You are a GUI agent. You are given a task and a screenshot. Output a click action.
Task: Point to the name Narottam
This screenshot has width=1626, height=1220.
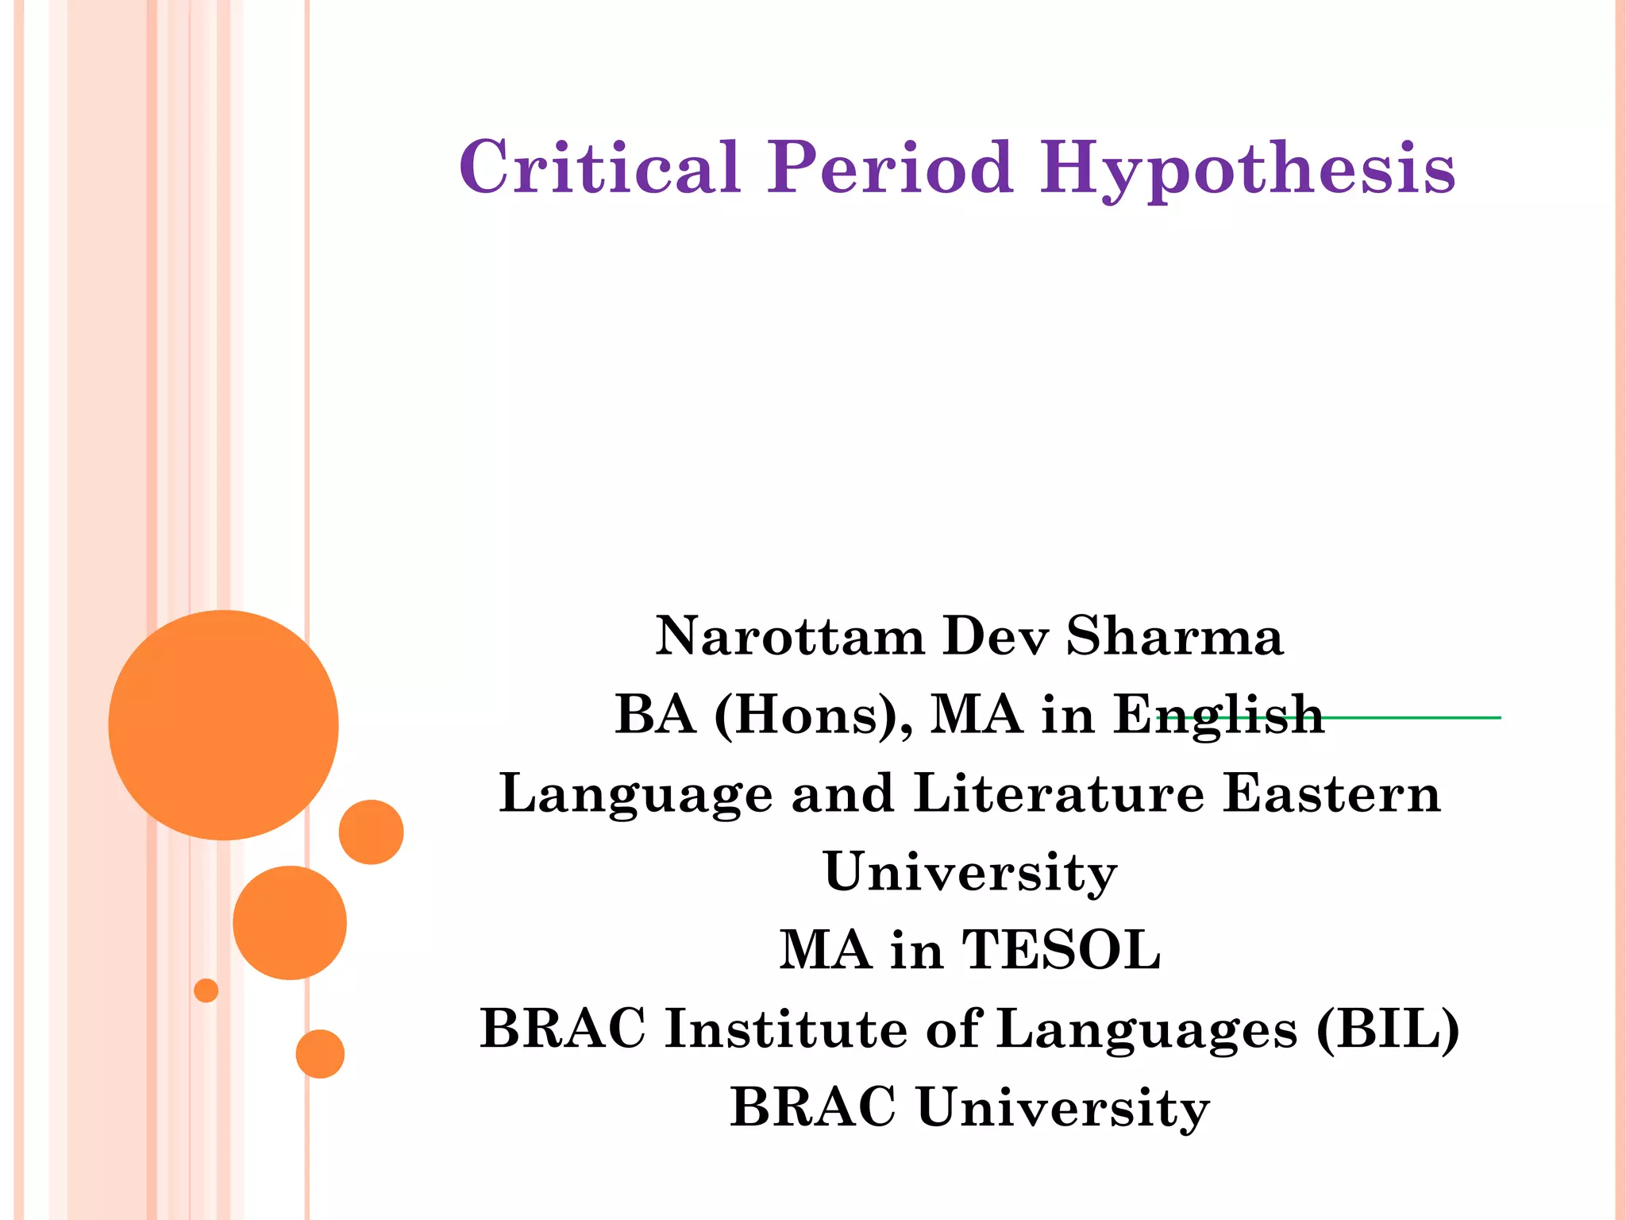(x=790, y=637)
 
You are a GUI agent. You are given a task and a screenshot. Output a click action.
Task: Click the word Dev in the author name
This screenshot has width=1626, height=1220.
(x=996, y=637)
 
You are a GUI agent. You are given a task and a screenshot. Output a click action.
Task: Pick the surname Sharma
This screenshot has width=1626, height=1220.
(x=1174, y=637)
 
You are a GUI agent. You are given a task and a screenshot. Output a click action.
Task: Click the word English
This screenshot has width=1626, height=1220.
(x=1219, y=715)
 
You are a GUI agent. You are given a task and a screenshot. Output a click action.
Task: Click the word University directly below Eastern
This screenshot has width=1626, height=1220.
(x=970, y=872)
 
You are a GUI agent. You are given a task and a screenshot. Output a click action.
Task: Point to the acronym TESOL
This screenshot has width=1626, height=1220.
(x=1061, y=950)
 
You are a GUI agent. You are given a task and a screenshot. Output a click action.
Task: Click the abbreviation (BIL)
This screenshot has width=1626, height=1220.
(x=1387, y=1029)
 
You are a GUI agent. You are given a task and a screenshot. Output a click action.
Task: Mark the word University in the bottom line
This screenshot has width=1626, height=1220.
(x=1063, y=1108)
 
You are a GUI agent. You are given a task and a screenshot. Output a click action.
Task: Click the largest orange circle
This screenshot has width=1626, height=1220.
(x=224, y=724)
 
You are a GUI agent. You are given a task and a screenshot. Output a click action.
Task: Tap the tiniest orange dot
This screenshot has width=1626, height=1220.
(x=206, y=990)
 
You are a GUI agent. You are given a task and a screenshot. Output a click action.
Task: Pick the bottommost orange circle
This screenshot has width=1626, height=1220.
(x=320, y=1053)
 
